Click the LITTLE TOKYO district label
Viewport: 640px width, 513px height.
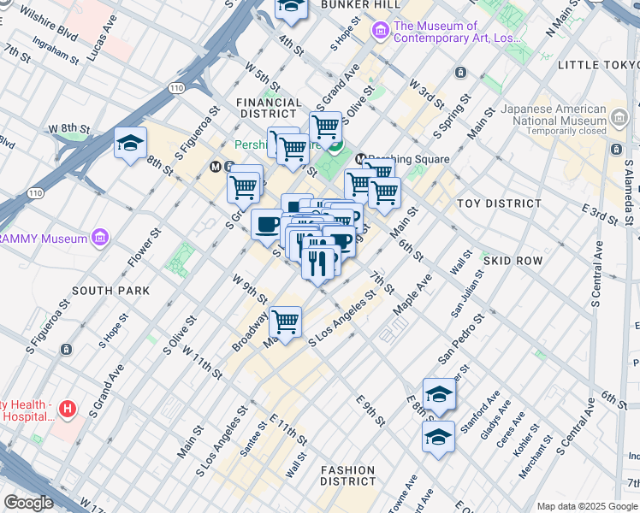click(x=597, y=65)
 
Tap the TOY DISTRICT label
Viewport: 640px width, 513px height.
click(x=500, y=203)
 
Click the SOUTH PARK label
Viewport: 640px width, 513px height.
click(x=111, y=291)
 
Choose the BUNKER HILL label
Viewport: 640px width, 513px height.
click(x=348, y=4)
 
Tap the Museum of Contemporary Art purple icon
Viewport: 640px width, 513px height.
click(x=380, y=32)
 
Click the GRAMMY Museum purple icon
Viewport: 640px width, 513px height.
click(x=100, y=236)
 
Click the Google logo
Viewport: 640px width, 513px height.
click(x=29, y=503)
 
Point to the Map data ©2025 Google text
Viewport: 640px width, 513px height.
click(x=586, y=506)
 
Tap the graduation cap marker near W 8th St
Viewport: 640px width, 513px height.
click(x=130, y=143)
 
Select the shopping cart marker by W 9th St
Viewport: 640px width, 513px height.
click(x=285, y=321)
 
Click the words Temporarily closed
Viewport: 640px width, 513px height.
click(x=566, y=131)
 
